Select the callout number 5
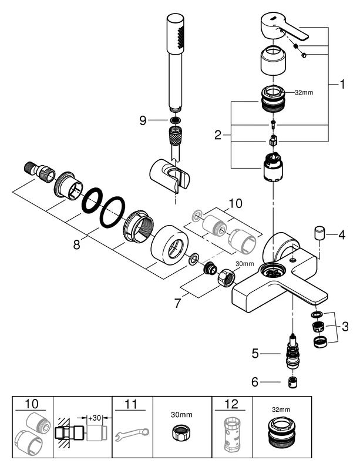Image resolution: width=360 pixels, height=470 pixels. (x=255, y=354)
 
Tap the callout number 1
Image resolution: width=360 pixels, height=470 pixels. (x=342, y=85)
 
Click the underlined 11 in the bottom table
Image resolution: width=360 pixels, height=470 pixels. (x=133, y=404)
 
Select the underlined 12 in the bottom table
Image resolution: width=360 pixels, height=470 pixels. (x=231, y=404)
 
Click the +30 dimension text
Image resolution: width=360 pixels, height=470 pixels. (x=95, y=419)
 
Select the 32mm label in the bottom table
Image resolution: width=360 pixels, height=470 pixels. (x=281, y=409)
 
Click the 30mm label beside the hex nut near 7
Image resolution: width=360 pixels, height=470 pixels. (x=244, y=263)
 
